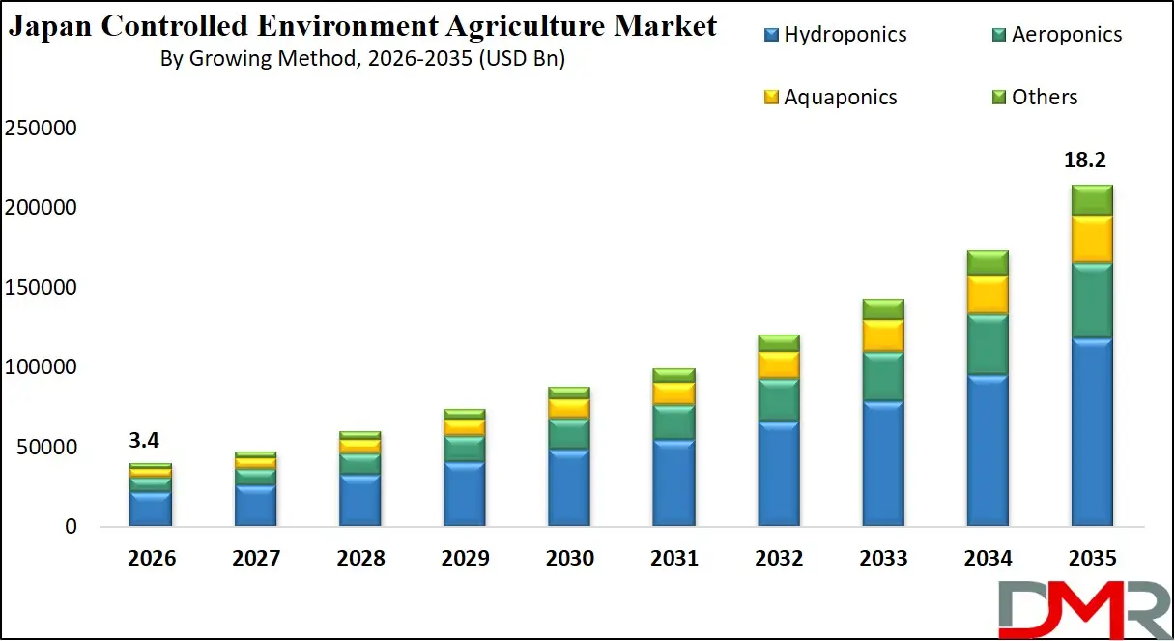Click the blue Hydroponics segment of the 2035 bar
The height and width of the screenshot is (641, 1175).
tap(1093, 431)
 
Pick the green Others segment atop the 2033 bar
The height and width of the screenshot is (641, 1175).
tap(883, 308)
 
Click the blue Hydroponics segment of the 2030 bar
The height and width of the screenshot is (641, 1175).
tap(569, 487)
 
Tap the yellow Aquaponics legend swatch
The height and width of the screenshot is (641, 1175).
tap(771, 98)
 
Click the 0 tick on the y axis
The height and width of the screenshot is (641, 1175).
tap(70, 527)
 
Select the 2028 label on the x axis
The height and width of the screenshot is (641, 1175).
tap(360, 559)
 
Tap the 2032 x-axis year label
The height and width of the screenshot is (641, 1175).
tap(779, 559)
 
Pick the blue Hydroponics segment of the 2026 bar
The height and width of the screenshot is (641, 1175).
tap(150, 509)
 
